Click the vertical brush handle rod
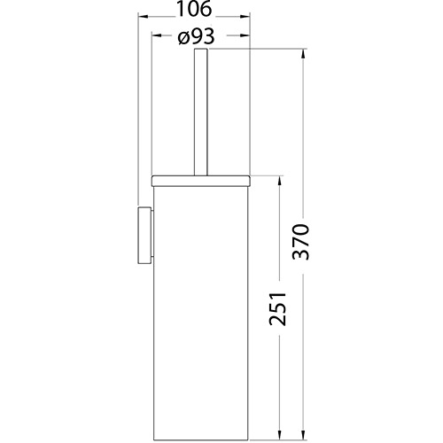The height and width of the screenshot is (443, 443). point(199,115)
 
